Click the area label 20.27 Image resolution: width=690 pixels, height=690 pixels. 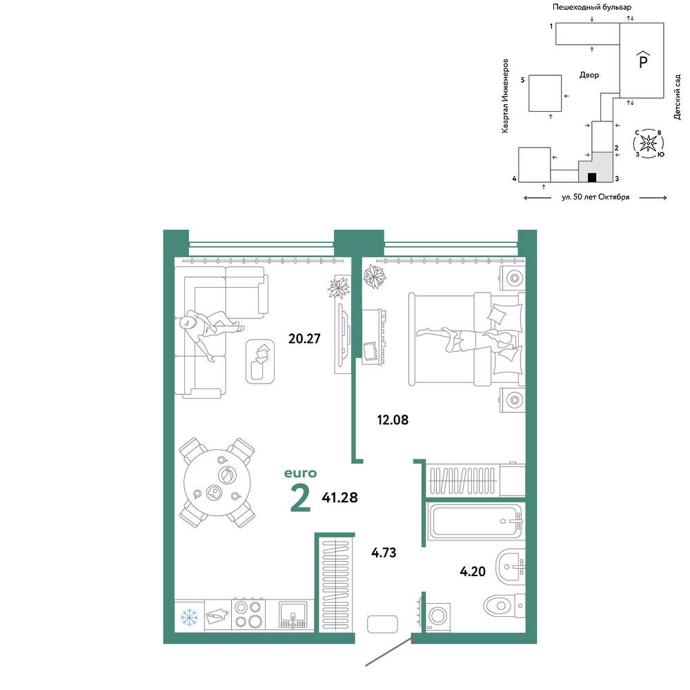pyautogui.click(x=304, y=339)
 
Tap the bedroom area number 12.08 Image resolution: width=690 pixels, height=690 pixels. pyautogui.click(x=393, y=420)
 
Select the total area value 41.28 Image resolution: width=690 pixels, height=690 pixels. pyautogui.click(x=339, y=497)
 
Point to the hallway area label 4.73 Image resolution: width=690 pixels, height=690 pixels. pyautogui.click(x=384, y=553)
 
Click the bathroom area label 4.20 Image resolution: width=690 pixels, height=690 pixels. pyautogui.click(x=473, y=571)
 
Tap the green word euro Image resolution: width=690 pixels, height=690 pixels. pyautogui.click(x=301, y=473)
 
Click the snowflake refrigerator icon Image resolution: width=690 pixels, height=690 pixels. pyautogui.click(x=190, y=617)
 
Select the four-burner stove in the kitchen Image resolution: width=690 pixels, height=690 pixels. pyautogui.click(x=248, y=615)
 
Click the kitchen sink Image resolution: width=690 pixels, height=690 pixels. pyautogui.click(x=293, y=615)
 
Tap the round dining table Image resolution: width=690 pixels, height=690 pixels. pyautogui.click(x=217, y=482)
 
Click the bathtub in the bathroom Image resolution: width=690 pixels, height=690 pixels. pyautogui.click(x=475, y=522)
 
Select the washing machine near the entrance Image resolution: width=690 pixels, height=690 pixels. pyautogui.click(x=437, y=615)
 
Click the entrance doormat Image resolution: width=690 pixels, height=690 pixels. pyautogui.click(x=382, y=624)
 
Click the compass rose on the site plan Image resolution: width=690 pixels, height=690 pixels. pyautogui.click(x=648, y=143)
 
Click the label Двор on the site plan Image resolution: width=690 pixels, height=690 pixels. pyautogui.click(x=589, y=75)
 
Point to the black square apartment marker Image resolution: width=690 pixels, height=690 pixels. pyautogui.click(x=592, y=177)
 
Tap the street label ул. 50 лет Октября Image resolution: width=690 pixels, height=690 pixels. pyautogui.click(x=595, y=197)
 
